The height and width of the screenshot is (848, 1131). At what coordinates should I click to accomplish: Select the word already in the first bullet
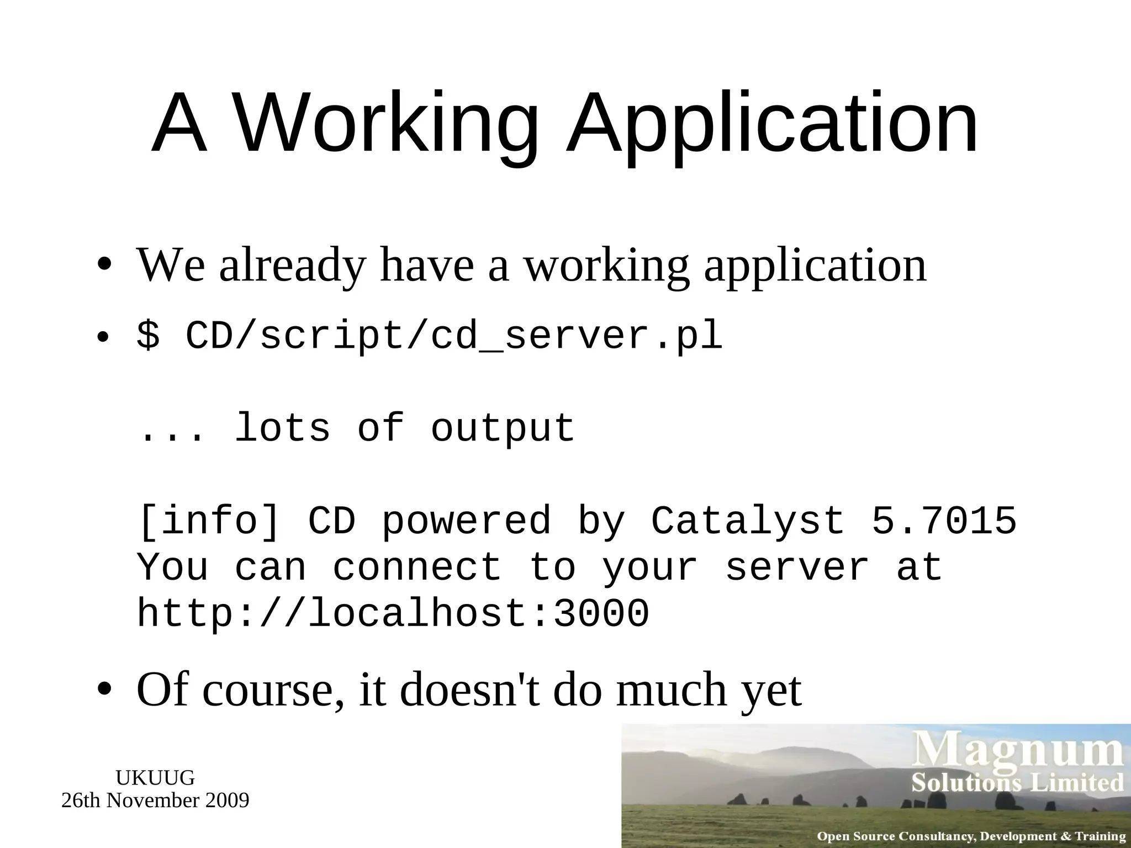[x=293, y=266]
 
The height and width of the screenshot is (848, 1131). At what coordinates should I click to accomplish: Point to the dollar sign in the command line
[x=148, y=336]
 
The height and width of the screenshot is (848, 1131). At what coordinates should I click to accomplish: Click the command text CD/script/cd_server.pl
[x=454, y=336]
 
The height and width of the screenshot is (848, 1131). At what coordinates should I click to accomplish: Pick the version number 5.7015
[x=944, y=521]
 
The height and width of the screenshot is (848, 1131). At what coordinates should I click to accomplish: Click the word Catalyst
[x=748, y=521]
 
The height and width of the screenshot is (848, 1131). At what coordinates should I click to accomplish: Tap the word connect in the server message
[x=417, y=568]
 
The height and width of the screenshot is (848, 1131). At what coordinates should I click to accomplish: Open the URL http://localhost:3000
[x=393, y=614]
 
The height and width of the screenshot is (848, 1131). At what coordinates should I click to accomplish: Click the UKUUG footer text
[x=155, y=778]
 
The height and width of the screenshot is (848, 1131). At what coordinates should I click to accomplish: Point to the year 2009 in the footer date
[x=227, y=800]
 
